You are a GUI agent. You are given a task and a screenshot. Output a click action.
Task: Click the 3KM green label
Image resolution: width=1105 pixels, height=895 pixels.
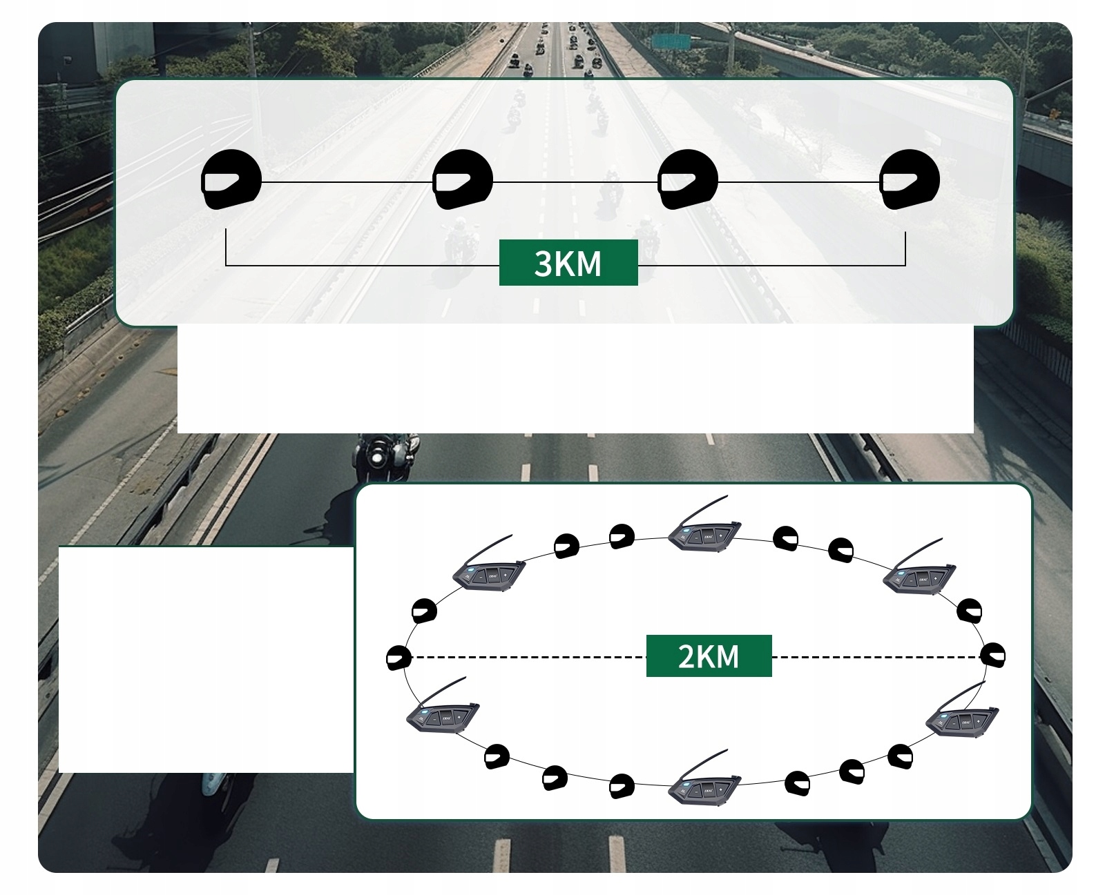click(568, 263)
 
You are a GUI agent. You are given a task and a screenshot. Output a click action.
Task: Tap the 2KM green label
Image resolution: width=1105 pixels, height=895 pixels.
click(709, 656)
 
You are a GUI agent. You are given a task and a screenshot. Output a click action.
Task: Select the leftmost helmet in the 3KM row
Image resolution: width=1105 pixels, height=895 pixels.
click(231, 180)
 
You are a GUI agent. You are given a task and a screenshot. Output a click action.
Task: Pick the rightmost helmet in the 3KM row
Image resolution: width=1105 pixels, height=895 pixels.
click(910, 180)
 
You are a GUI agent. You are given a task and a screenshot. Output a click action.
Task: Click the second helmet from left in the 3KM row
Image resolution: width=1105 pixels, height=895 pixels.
click(463, 180)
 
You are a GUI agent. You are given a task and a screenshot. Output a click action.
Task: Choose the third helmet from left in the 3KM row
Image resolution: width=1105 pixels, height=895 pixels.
click(688, 180)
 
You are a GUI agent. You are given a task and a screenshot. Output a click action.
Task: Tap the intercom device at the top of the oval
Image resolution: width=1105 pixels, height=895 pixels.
click(703, 534)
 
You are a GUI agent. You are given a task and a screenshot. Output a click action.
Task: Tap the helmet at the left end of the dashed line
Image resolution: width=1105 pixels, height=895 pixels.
click(398, 658)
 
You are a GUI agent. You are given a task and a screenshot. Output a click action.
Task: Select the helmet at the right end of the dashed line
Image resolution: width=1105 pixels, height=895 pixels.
click(993, 655)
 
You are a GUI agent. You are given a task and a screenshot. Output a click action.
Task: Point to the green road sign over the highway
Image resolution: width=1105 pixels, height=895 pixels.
click(674, 41)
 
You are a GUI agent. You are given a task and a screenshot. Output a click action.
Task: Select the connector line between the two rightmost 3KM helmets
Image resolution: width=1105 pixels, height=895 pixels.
click(799, 182)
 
